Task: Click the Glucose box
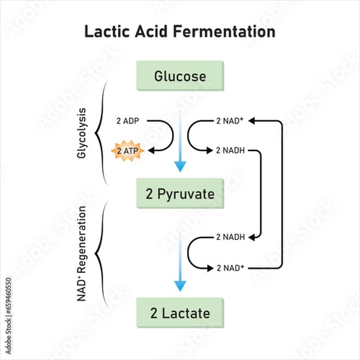click(180, 76)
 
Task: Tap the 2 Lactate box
click(180, 313)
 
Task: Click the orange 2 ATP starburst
click(128, 151)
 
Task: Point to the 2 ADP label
click(128, 121)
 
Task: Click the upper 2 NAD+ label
click(229, 121)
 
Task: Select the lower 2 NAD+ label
click(229, 267)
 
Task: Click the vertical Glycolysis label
click(82, 133)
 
